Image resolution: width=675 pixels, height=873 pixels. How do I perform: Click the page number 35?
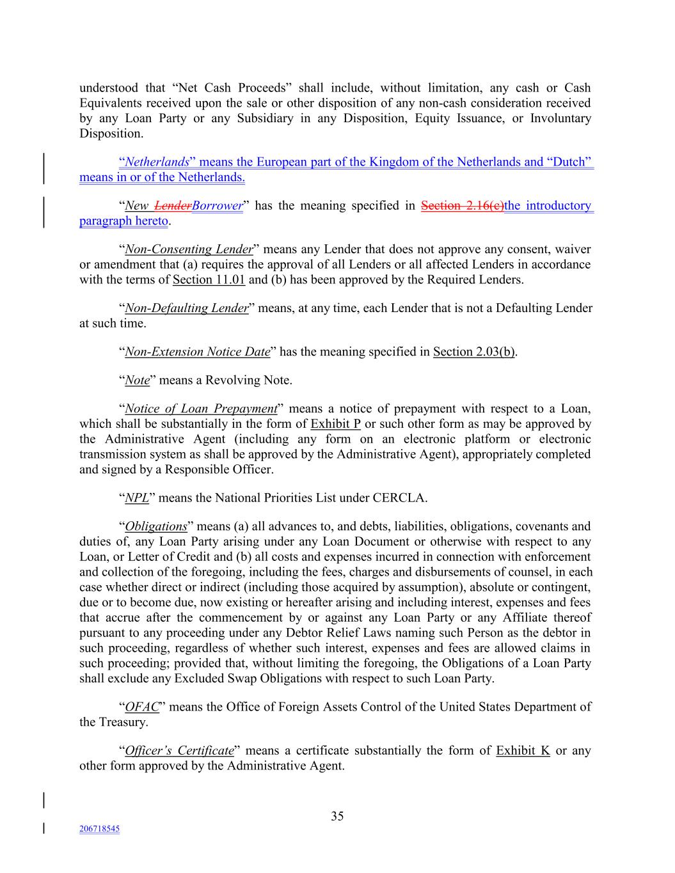(337, 816)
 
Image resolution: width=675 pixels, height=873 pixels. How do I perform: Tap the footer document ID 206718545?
(99, 829)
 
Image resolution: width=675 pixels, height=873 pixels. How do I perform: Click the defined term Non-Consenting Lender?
(189, 249)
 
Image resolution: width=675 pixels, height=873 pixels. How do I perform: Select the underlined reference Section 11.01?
(209, 279)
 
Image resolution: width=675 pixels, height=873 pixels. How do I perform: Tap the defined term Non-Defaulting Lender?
(186, 308)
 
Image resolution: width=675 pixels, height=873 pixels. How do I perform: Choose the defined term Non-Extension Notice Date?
(197, 352)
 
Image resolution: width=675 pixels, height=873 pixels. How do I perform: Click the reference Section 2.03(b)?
(473, 352)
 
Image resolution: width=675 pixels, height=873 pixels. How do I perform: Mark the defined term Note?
(137, 381)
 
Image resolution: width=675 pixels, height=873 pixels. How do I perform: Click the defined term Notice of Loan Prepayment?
(201, 409)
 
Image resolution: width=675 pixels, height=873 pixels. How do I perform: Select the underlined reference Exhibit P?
(335, 424)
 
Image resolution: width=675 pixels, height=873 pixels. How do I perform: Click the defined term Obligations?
(155, 527)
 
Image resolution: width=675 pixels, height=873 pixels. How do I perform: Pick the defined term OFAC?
(141, 707)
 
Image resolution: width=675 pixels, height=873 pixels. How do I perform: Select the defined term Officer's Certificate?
(179, 751)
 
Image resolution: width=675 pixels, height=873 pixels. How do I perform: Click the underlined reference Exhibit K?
(523, 751)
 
